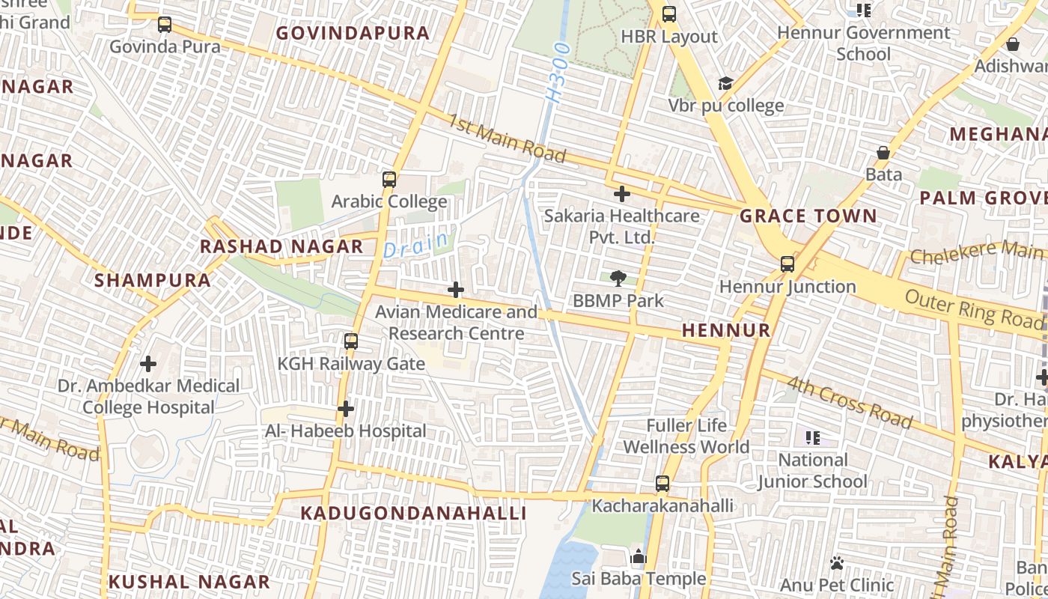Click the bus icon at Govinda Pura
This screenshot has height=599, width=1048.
(165, 25)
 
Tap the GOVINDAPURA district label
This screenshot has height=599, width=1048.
(353, 33)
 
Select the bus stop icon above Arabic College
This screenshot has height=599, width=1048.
(389, 180)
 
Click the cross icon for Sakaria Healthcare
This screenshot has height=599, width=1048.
(621, 195)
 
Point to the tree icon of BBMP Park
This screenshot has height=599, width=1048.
(618, 279)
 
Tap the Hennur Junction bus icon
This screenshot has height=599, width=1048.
(787, 264)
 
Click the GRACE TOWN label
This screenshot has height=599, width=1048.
(808, 216)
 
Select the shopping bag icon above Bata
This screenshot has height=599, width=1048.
(883, 153)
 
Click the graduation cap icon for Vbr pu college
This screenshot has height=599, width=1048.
(725, 83)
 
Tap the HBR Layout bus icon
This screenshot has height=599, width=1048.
(669, 13)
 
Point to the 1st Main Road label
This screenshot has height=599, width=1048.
(507, 137)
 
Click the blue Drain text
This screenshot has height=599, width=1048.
(417, 245)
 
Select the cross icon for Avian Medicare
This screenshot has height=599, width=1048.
(456, 290)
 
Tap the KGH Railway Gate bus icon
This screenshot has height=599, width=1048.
(351, 341)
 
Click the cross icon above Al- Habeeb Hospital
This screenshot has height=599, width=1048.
(345, 409)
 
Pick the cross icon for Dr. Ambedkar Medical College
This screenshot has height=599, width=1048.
(148, 364)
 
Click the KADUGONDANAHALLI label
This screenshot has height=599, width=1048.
(413, 513)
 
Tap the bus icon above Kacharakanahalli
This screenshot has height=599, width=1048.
(662, 484)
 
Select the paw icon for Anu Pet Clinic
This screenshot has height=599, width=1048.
(837, 562)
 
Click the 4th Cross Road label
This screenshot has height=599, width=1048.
(850, 402)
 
